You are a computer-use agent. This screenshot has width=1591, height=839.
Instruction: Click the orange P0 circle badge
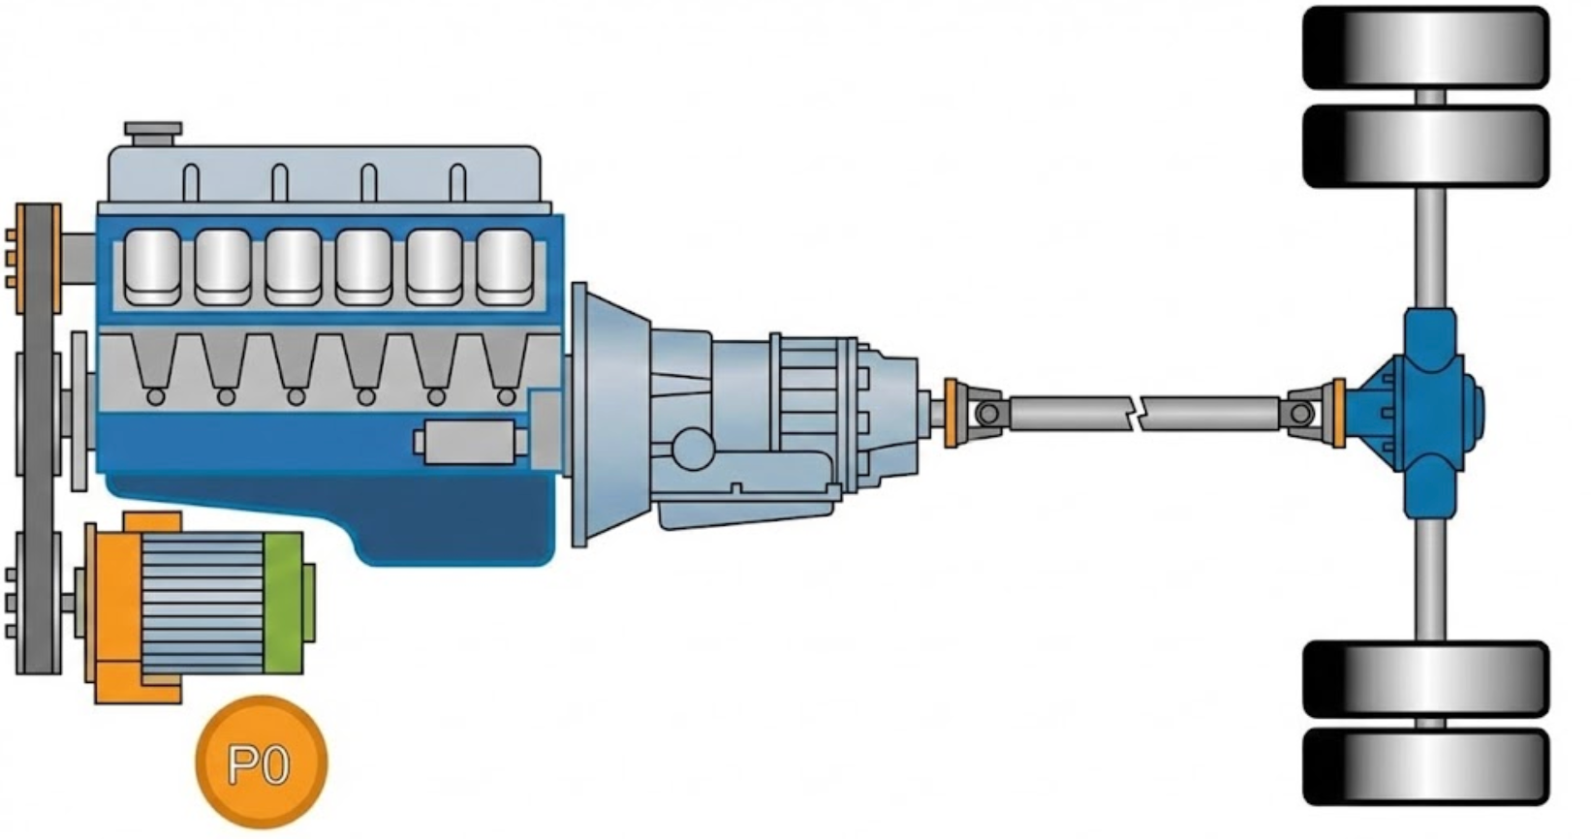262,761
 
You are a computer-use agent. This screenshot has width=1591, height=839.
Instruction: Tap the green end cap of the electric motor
283,603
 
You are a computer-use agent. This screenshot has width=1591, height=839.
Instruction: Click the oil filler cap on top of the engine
153,133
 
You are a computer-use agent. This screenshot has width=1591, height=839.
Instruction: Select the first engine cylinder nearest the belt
152,266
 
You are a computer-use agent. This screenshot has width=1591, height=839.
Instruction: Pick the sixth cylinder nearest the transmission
505,266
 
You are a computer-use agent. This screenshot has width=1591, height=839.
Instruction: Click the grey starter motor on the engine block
470,442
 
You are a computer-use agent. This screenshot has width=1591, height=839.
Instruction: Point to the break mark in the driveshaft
1136,414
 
